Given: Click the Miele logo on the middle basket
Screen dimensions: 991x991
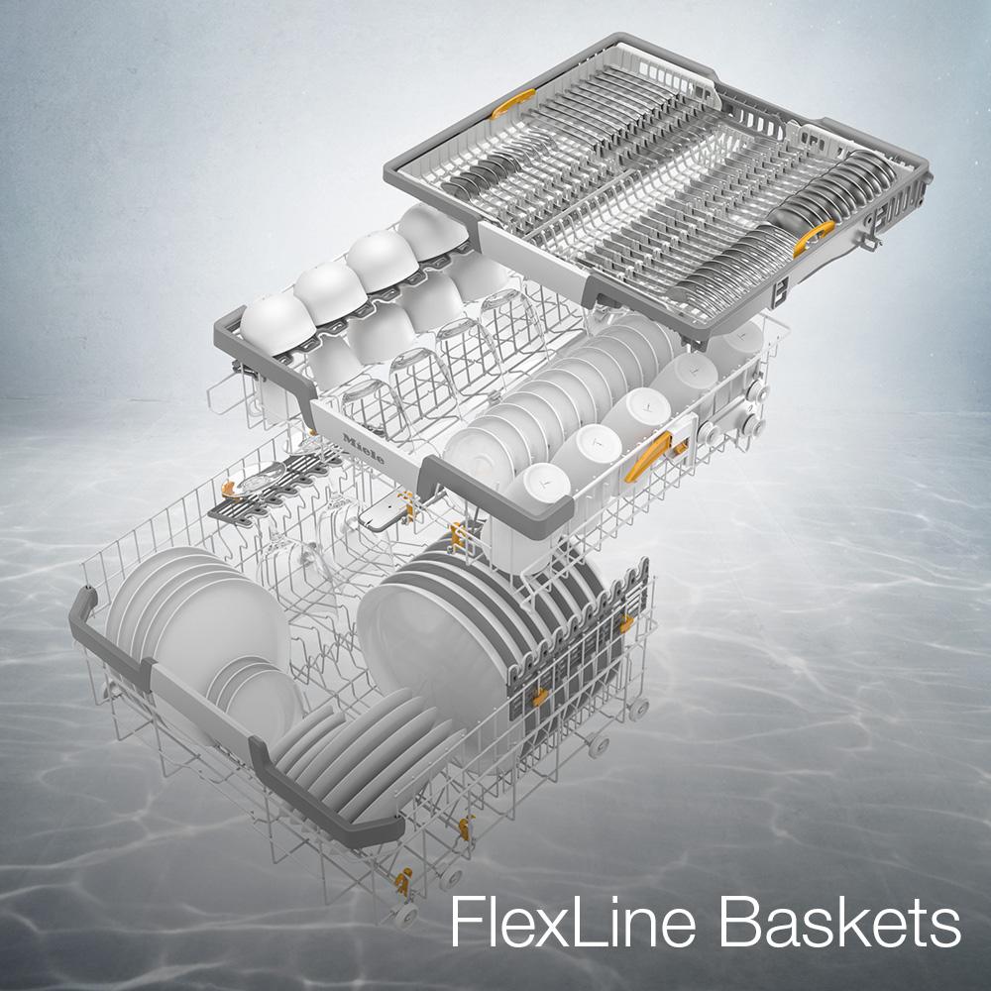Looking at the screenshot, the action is (364, 449).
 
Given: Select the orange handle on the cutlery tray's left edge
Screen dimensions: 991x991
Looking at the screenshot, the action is (512, 103).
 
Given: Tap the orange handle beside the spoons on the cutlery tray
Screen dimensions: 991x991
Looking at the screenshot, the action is (814, 238).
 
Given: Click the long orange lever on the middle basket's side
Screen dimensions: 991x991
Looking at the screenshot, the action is (648, 456).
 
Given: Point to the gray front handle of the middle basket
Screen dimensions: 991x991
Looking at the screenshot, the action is (496, 496).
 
